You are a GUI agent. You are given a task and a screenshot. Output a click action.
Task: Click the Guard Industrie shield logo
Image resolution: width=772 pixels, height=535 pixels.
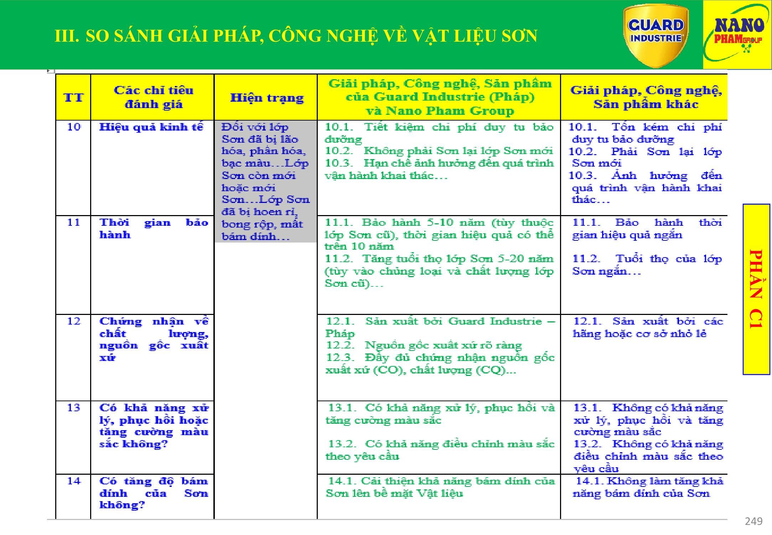click(x=656, y=35)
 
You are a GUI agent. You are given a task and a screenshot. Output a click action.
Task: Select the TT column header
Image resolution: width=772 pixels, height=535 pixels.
click(x=73, y=97)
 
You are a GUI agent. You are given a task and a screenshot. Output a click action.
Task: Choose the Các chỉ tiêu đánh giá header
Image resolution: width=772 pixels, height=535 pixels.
click(x=153, y=97)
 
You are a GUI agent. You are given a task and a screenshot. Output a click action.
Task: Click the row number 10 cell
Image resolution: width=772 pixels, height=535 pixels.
click(x=74, y=127)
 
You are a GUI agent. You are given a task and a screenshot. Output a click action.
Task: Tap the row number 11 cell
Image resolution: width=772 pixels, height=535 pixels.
click(x=74, y=223)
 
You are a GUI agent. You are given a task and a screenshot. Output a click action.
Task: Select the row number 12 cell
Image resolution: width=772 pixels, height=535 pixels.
click(x=74, y=321)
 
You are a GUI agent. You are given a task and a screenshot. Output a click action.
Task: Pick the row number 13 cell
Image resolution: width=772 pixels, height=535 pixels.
click(x=74, y=408)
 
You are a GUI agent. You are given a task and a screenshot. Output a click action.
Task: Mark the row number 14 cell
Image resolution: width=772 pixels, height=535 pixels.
click(x=74, y=481)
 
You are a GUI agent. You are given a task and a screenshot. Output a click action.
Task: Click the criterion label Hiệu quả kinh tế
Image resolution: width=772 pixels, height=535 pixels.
click(x=151, y=127)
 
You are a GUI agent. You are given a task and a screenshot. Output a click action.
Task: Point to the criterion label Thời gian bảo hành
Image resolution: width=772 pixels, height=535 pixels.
click(x=154, y=229)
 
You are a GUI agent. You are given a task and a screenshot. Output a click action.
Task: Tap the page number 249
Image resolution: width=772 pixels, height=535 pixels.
click(x=753, y=521)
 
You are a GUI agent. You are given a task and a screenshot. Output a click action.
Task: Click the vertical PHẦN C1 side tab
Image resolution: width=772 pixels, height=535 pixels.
click(x=756, y=289)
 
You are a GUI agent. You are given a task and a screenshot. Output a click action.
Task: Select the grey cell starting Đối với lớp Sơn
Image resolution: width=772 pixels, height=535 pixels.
click(x=265, y=181)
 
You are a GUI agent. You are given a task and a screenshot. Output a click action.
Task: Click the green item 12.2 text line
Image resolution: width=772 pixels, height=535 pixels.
click(x=424, y=345)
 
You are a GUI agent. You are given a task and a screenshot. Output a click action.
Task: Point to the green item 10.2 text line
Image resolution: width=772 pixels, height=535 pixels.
click(x=439, y=151)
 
